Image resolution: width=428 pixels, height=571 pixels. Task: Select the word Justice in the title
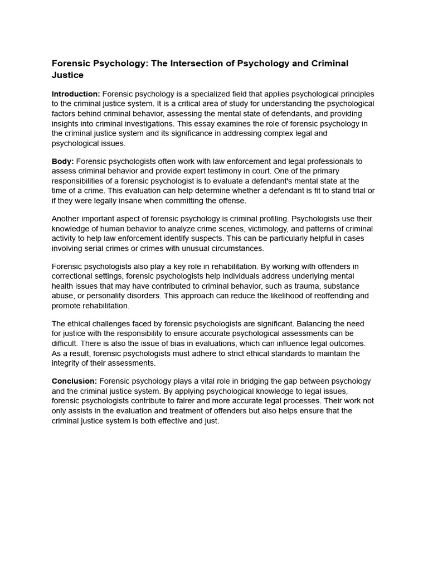67,75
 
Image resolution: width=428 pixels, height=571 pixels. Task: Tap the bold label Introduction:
76,94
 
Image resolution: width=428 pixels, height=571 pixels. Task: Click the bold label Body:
63,162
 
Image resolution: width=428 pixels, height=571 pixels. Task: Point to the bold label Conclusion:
74,381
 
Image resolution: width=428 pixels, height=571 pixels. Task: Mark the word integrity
67,363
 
